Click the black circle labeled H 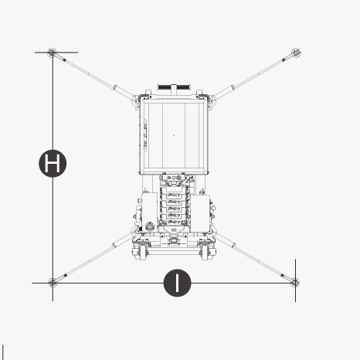point(53,163)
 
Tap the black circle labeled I point(177,283)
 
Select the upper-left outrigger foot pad point(52,53)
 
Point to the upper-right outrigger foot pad point(297,53)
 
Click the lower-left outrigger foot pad point(53,283)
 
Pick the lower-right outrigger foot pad point(295,282)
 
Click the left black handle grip point(165,87)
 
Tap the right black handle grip point(183,87)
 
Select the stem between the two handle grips point(174,90)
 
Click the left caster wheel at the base point(142,253)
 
